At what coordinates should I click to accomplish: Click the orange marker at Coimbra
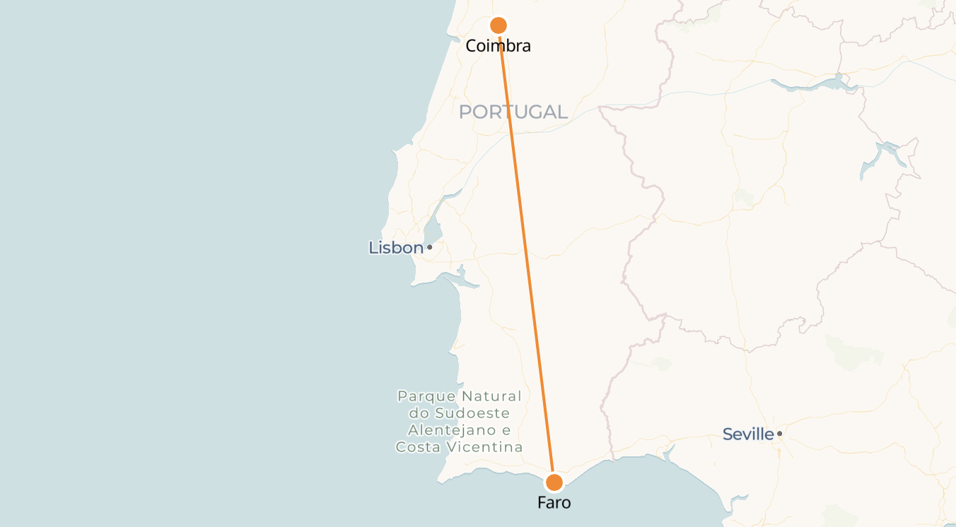point(499,25)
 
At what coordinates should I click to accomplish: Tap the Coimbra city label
point(498,47)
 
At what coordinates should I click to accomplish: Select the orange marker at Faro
point(554,482)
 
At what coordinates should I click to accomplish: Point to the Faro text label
point(554,503)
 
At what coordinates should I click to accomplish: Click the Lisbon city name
point(395,248)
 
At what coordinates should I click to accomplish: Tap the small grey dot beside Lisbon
point(429,247)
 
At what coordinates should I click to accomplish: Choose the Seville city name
point(748,434)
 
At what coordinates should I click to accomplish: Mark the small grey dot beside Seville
point(779,434)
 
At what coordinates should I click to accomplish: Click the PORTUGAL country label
point(513,112)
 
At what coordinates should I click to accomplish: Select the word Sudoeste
point(472,413)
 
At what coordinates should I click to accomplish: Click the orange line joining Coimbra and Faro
point(526,254)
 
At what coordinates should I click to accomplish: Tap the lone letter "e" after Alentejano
point(506,430)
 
